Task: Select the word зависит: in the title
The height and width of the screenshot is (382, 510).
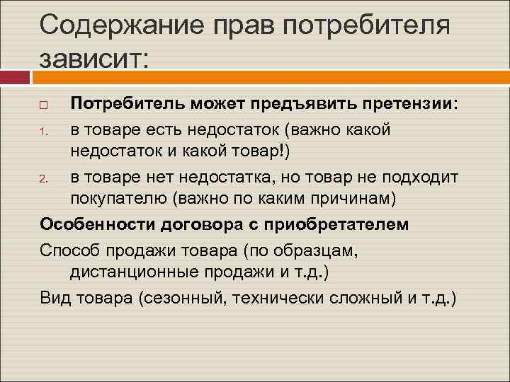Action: (x=95, y=56)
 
